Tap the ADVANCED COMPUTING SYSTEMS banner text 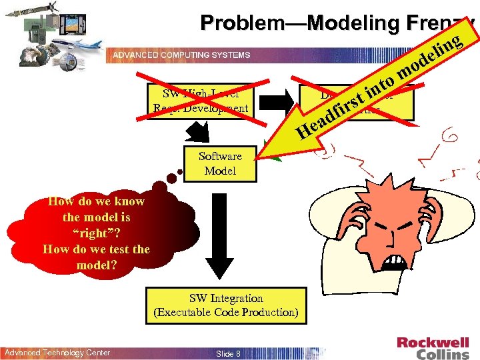[181, 55]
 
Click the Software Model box [220, 163]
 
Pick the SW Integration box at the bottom [226, 305]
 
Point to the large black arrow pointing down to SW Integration [226, 247]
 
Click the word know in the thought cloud [129, 201]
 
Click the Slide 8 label [229, 353]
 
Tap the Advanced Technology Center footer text [57, 353]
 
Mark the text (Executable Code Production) [226, 312]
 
